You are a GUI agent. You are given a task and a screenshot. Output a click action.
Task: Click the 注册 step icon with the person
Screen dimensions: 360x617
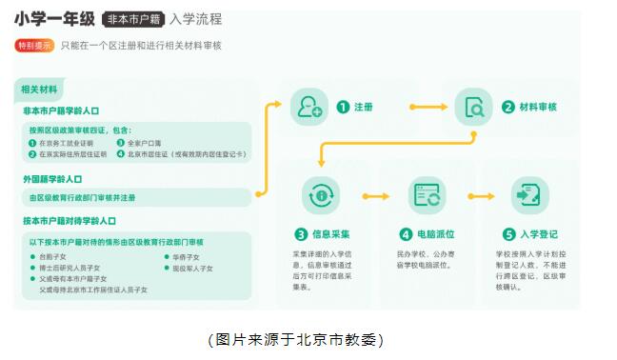point(307,108)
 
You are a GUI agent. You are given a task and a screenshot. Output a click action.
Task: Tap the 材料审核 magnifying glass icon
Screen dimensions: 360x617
point(473,108)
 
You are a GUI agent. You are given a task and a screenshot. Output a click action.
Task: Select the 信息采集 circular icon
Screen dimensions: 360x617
point(320,195)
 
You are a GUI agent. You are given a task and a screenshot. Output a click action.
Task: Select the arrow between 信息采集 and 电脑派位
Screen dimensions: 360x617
point(373,195)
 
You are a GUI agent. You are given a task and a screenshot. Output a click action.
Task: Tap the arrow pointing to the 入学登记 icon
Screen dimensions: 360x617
point(478,195)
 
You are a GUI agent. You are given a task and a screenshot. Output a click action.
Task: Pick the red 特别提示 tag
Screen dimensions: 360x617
point(34,45)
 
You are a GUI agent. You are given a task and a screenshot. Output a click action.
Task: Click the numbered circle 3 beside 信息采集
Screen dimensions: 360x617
point(300,233)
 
